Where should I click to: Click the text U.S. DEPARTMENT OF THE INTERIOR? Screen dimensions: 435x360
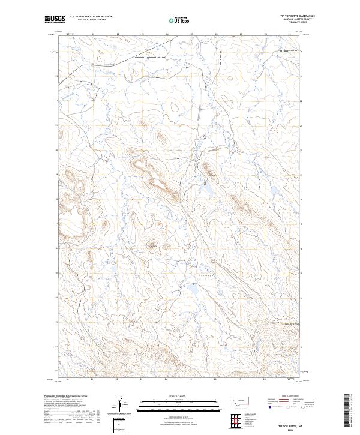pos(91,16)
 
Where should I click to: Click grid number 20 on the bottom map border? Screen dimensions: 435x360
pos(68,379)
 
